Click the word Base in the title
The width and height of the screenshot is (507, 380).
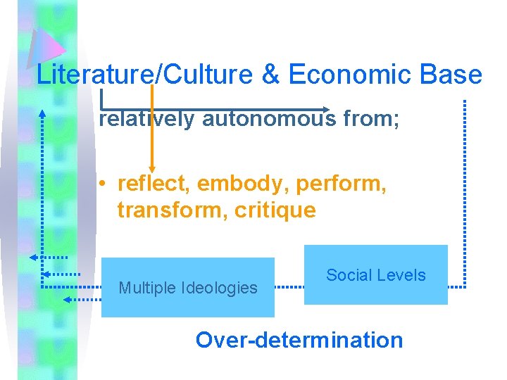(x=456, y=75)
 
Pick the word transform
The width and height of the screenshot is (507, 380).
(x=168, y=210)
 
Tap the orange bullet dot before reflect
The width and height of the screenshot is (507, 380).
(x=103, y=184)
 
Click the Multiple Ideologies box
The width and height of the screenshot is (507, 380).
(x=188, y=287)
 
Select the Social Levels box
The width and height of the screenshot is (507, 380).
(x=376, y=274)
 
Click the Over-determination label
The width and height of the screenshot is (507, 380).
(x=299, y=340)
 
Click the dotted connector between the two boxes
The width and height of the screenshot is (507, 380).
(x=289, y=287)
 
